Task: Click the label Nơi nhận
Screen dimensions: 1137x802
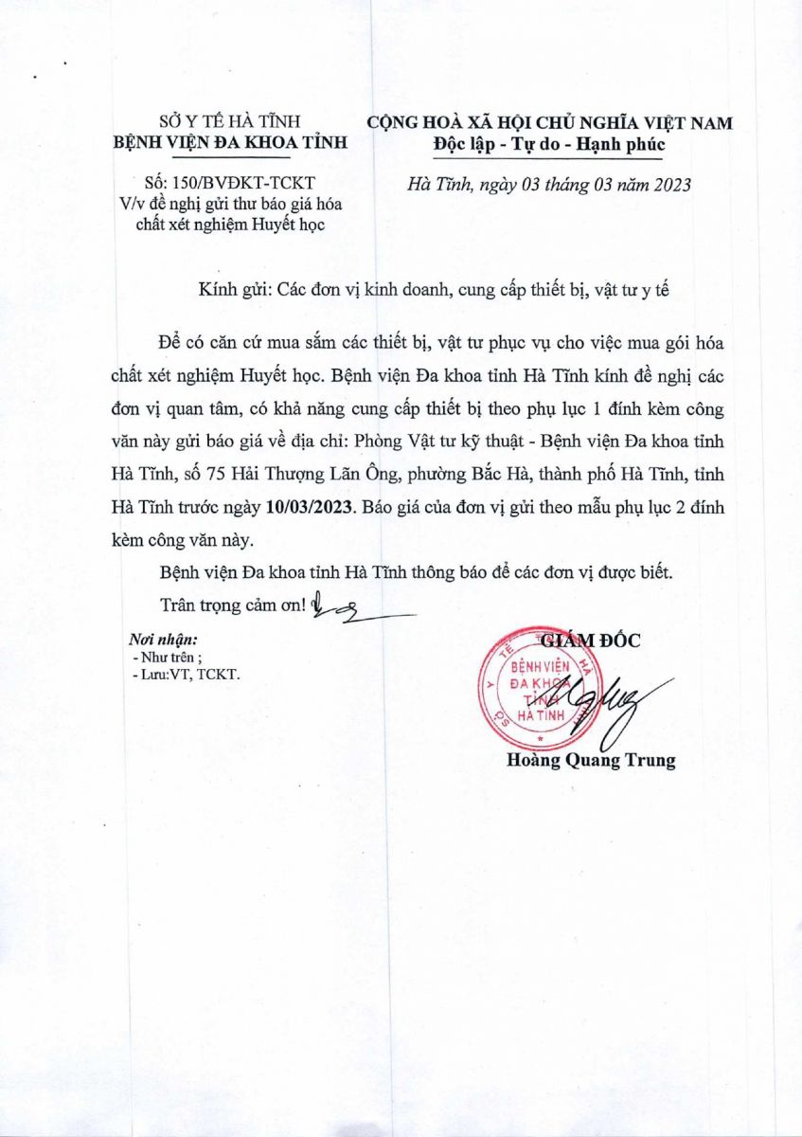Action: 163,640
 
